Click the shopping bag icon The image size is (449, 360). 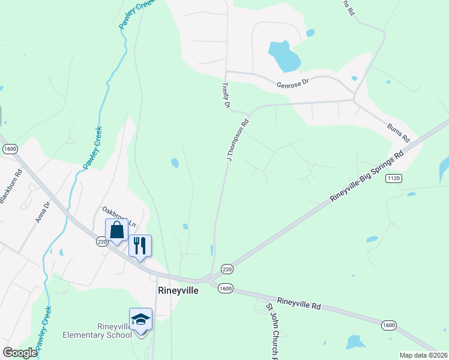[x=116, y=230]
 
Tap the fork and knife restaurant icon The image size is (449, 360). [x=140, y=245]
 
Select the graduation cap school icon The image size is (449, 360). [x=140, y=320]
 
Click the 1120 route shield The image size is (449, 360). [x=393, y=178]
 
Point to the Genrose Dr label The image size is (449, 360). [x=292, y=85]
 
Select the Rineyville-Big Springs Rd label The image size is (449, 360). [x=367, y=176]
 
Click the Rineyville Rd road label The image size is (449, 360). [x=298, y=302]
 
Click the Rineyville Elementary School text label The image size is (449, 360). [x=97, y=331]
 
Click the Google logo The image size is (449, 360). [x=20, y=353]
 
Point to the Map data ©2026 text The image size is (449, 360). [x=423, y=355]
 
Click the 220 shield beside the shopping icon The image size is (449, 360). [x=101, y=242]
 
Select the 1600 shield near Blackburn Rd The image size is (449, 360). [x=10, y=148]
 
